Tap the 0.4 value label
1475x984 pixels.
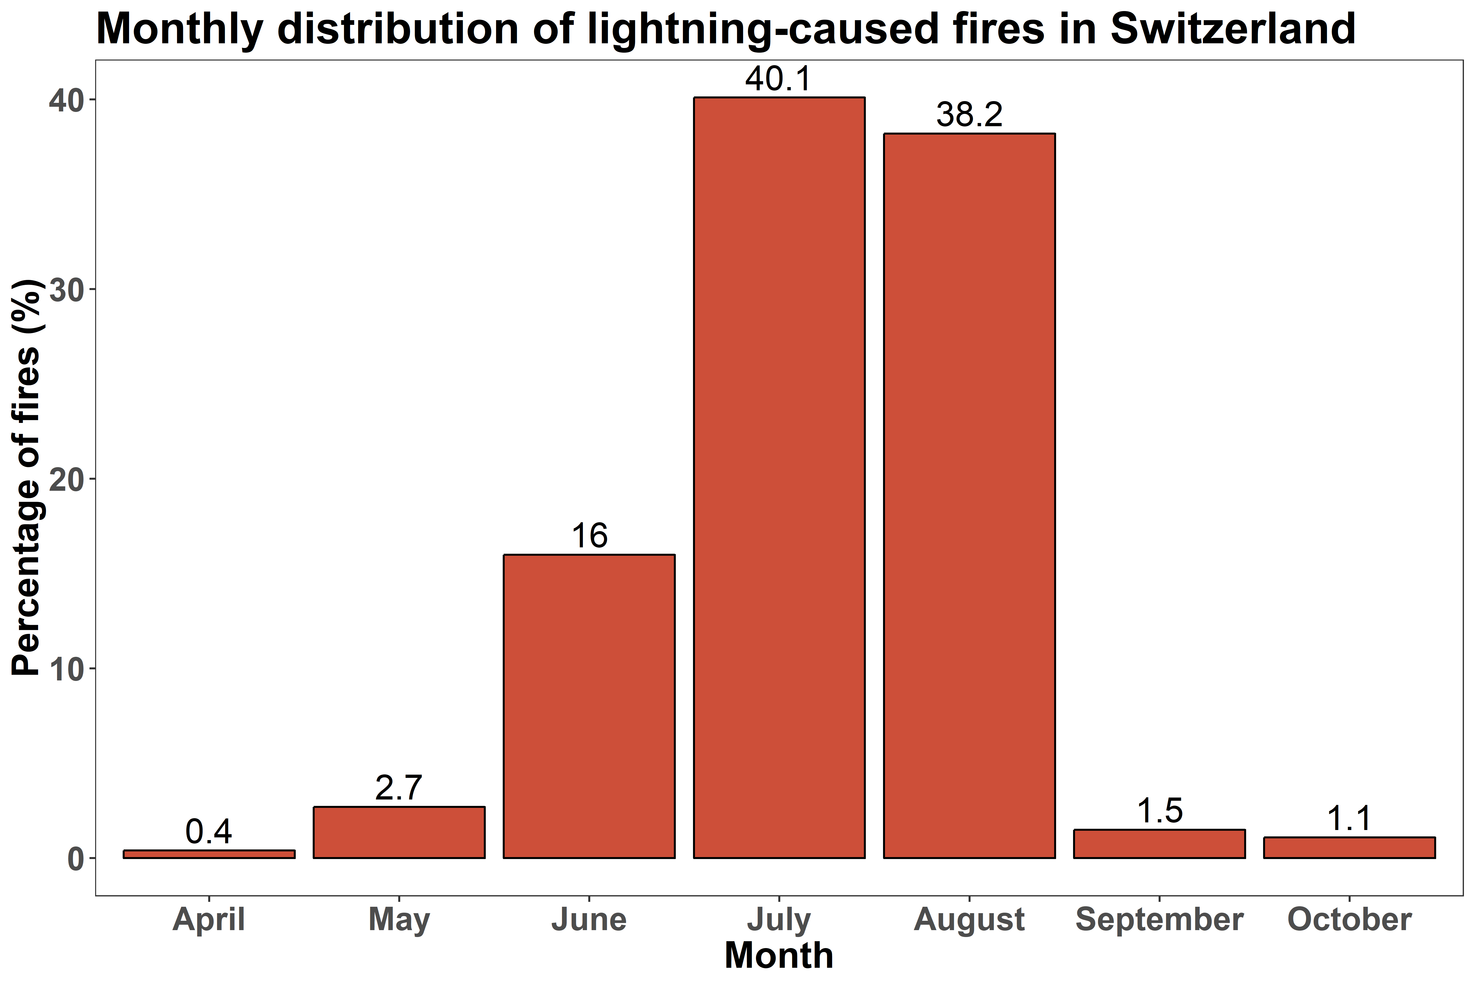pos(209,832)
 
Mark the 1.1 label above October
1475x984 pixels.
pos(1350,819)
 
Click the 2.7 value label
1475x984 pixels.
pos(399,788)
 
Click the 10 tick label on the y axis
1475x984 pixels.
pos(66,669)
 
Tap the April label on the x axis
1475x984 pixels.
pos(209,920)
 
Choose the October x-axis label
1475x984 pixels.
pos(1350,920)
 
